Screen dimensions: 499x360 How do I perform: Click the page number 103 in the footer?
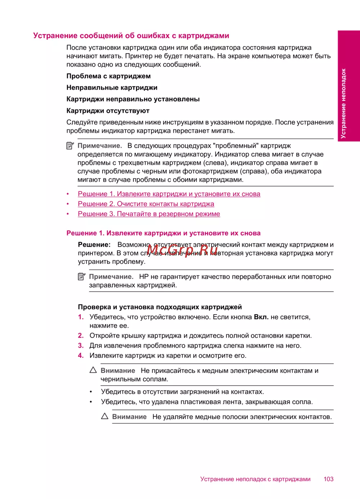pyautogui.click(x=328, y=479)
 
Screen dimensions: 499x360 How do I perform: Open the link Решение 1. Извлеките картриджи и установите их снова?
pyautogui.click(x=169, y=194)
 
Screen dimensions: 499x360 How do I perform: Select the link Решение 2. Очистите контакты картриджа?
pyautogui.click(x=146, y=204)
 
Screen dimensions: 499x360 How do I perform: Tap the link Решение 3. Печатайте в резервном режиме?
pyautogui.click(x=149, y=214)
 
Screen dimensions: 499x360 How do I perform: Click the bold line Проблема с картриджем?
pyautogui.click(x=108, y=76)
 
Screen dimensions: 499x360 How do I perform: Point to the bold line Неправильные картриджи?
pyautogui.click(x=112, y=88)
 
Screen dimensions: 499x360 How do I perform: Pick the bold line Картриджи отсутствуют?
pyautogui.click(x=108, y=111)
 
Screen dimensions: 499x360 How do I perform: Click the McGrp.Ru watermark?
pyautogui.click(x=182, y=249)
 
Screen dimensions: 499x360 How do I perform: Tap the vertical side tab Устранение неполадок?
pyautogui.click(x=344, y=103)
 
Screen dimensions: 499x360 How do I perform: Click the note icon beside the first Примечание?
pyautogui.click(x=70, y=146)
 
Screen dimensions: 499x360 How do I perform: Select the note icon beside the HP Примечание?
pyautogui.click(x=82, y=277)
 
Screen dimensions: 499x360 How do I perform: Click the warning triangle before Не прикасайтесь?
pyautogui.click(x=93, y=370)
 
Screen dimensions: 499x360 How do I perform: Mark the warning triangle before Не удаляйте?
pyautogui.click(x=105, y=416)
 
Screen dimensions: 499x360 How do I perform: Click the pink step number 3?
pyautogui.click(x=81, y=346)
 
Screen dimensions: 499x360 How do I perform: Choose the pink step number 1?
pyautogui.click(x=81, y=317)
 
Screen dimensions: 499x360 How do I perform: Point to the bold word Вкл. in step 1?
pyautogui.click(x=261, y=317)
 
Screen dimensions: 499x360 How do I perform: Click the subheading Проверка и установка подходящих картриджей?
pyautogui.click(x=159, y=307)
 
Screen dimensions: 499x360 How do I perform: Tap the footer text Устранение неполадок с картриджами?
pyautogui.click(x=255, y=479)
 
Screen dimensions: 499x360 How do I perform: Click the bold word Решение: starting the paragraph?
pyautogui.click(x=94, y=245)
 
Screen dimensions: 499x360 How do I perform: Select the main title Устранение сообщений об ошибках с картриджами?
pyautogui.click(x=131, y=35)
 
